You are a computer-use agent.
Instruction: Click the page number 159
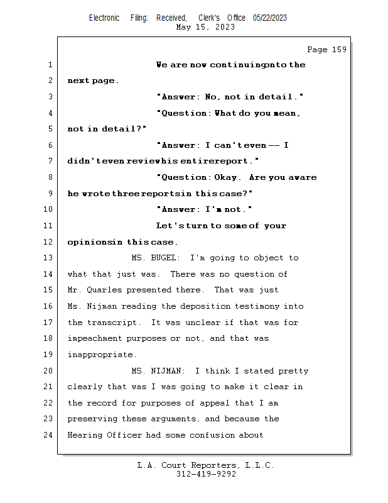click(x=336, y=50)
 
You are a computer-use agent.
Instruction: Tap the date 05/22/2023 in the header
click(x=270, y=18)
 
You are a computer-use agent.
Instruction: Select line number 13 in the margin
click(x=50, y=258)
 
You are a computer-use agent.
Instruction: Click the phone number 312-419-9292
click(x=206, y=474)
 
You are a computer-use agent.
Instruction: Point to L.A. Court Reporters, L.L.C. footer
click(x=206, y=465)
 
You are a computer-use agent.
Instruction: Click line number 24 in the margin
click(x=50, y=435)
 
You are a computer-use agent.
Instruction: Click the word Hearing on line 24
click(x=86, y=435)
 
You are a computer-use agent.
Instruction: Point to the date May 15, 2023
click(x=206, y=27)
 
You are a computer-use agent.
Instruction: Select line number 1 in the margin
click(x=50, y=65)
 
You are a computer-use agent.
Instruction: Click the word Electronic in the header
click(x=104, y=18)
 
